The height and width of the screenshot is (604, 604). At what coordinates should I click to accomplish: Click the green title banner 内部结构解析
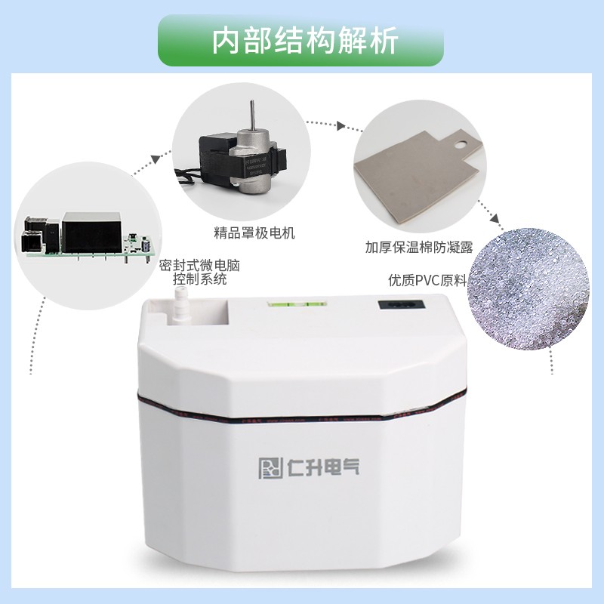pyautogui.click(x=301, y=39)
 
